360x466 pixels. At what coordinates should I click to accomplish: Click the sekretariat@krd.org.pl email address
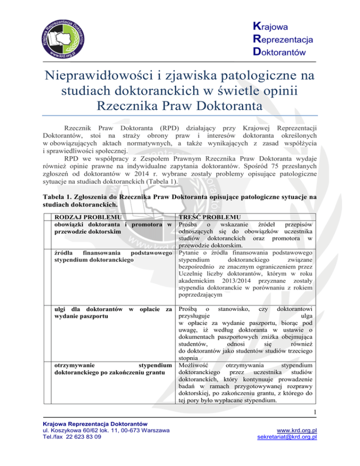pos(285,450)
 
